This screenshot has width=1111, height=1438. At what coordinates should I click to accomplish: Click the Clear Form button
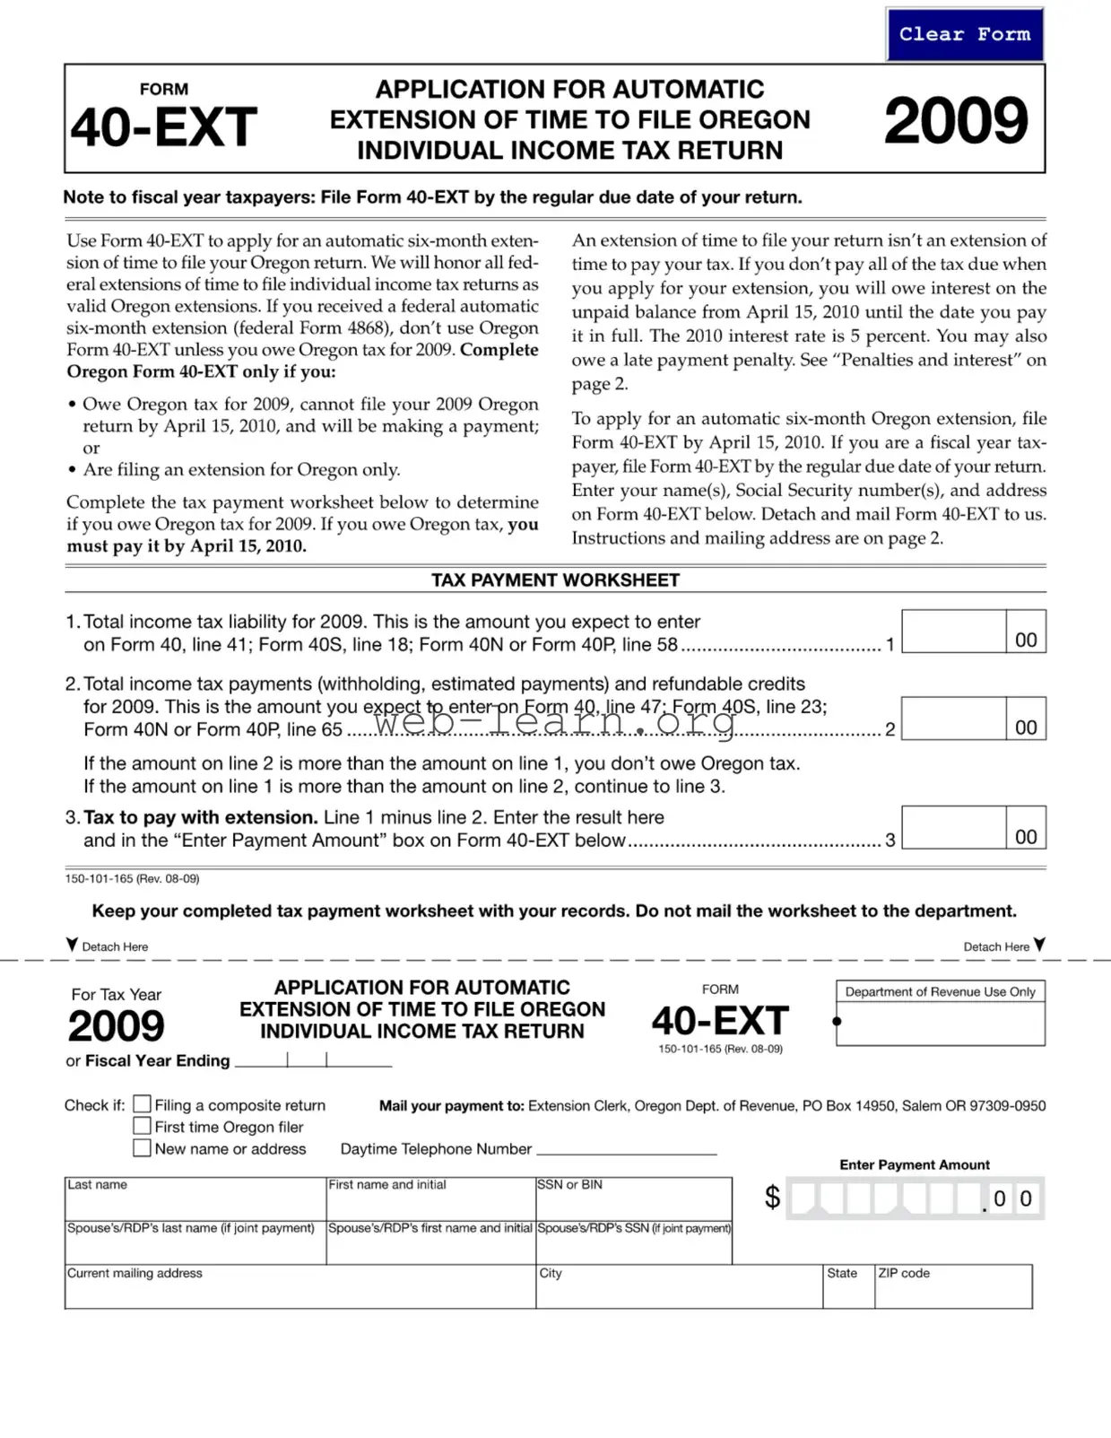[x=964, y=35]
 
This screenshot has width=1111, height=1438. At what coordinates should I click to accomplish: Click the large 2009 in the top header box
[x=955, y=121]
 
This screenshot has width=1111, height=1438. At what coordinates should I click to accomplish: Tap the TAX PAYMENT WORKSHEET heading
[x=555, y=580]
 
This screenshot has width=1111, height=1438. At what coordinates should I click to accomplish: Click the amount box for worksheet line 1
[x=953, y=632]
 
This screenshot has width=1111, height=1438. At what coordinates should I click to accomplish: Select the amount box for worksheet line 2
[x=953, y=719]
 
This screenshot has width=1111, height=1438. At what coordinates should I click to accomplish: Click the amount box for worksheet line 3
[x=953, y=827]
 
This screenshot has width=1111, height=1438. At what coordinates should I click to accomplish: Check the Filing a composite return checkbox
[x=142, y=1104]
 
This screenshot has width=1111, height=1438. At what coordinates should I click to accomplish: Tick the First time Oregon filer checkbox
[x=142, y=1126]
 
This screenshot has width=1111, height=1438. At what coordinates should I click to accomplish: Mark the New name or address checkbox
[x=142, y=1147]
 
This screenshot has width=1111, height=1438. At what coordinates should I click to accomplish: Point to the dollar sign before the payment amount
[x=772, y=1197]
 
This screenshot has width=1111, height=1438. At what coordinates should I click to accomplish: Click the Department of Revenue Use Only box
[x=940, y=1023]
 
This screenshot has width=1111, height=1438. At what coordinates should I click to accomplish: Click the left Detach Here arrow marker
[x=72, y=945]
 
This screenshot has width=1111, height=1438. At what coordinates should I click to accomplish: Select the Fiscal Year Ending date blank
[x=313, y=1059]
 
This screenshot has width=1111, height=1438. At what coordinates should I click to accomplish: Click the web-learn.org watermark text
[x=554, y=719]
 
